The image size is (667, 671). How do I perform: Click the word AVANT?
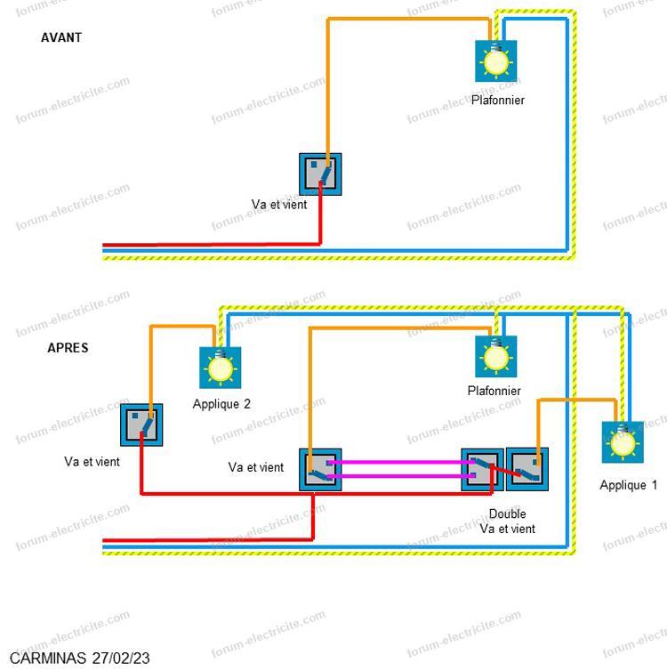pos(61,37)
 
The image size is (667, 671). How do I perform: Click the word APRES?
pos(68,347)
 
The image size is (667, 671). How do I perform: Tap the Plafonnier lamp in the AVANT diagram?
pos(496,61)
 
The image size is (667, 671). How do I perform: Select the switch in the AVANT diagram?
pos(320,174)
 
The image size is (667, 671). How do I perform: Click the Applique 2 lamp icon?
pos(221,368)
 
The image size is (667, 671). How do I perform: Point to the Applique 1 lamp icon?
pos(623,442)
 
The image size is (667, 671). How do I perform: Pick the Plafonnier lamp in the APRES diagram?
pos(496,357)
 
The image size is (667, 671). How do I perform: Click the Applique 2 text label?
pos(221,404)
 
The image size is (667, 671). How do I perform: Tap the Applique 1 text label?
pos(628,485)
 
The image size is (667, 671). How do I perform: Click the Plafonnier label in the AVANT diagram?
pos(498,101)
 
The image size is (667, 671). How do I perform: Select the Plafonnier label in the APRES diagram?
pos(494,391)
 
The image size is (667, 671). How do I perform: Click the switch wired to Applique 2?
pos(141,425)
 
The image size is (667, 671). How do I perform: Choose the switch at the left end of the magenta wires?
pos(320,470)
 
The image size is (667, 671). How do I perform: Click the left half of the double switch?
pos(482,470)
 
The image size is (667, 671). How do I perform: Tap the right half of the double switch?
pos(527,469)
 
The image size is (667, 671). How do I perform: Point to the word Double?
pos(507,513)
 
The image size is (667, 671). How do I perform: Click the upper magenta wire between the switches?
pos(400,462)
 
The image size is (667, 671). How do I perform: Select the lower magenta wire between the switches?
pos(400,476)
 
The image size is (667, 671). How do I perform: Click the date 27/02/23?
pos(121,659)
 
